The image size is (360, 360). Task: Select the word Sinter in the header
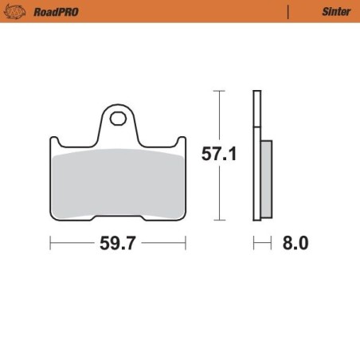(x=335, y=12)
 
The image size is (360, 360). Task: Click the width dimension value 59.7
(x=117, y=244)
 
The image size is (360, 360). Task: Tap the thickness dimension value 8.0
(x=295, y=244)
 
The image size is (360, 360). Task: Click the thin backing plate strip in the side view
(x=256, y=155)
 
